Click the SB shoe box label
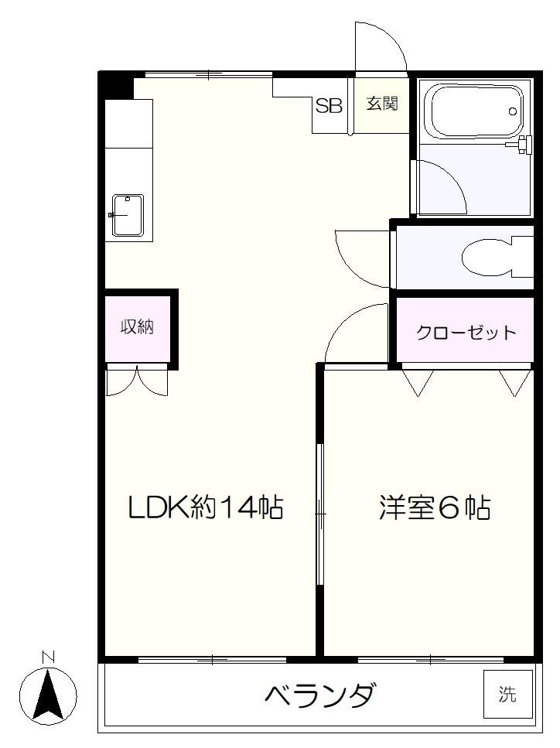point(329,105)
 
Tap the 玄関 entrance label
point(382,103)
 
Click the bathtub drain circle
point(513,111)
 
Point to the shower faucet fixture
point(521,144)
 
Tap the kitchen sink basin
point(128,215)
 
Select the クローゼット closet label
point(466,333)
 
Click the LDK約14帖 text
point(206,507)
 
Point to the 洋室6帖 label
point(435,507)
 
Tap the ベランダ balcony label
point(320,695)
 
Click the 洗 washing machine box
point(507,694)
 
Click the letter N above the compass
point(48,657)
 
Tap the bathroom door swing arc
point(451,176)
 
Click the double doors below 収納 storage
point(137,381)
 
